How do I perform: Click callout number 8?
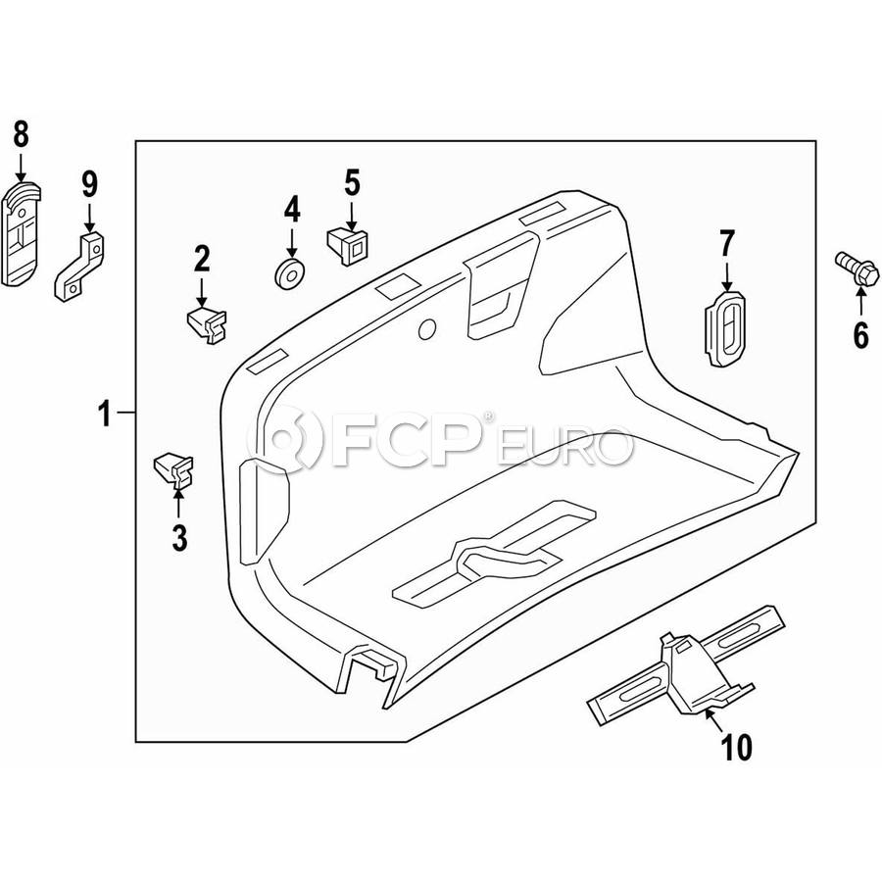click(21, 135)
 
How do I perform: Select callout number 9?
click(89, 184)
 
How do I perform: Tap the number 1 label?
click(105, 414)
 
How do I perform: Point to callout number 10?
click(736, 747)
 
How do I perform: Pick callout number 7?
click(727, 243)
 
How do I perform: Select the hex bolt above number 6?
click(857, 270)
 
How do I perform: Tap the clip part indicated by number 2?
click(207, 323)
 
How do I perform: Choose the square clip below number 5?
click(347, 246)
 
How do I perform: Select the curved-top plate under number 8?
click(22, 233)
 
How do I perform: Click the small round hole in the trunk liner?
click(427, 329)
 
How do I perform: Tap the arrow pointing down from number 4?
click(291, 244)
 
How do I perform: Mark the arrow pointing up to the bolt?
click(861, 302)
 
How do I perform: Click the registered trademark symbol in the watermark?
click(488, 416)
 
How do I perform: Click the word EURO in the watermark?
click(564, 446)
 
